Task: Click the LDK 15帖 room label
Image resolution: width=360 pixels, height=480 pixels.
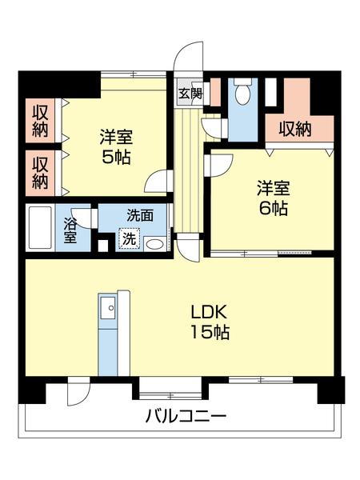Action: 209,322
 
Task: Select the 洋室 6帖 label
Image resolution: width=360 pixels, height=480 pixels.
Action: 273,198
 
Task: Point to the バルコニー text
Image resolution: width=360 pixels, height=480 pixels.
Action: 186,416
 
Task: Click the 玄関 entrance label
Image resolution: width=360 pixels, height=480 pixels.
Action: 190,92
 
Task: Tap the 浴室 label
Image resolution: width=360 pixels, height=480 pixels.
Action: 71,230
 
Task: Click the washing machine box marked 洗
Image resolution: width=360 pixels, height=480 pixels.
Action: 128,238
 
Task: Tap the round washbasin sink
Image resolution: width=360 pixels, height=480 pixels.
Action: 156,244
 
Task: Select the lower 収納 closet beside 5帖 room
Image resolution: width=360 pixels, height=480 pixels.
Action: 40,171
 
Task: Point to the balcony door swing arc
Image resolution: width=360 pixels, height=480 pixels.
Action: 78,393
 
